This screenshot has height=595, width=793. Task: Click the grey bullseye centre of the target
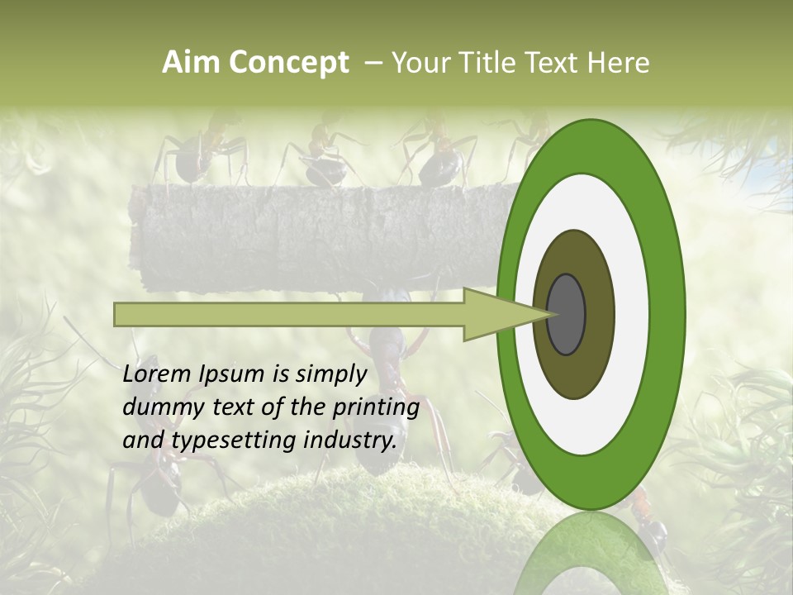(x=566, y=314)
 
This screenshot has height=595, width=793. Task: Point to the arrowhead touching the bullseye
(x=504, y=314)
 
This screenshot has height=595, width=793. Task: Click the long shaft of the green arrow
(x=289, y=314)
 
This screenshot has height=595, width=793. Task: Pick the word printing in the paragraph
(x=376, y=408)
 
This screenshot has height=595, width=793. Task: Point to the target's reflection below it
(x=591, y=554)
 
